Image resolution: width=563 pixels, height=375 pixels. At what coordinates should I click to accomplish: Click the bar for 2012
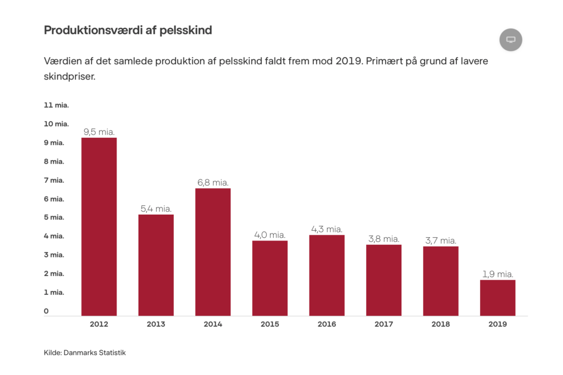click(99, 226)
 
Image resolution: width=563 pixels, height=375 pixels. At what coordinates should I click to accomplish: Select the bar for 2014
click(213, 252)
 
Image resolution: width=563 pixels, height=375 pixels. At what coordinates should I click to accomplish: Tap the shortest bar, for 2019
click(498, 298)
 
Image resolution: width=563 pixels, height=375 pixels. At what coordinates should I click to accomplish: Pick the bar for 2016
click(327, 275)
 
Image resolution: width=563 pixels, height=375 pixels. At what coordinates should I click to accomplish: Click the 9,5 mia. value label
click(99, 132)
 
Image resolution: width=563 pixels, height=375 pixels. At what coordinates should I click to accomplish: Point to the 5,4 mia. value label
click(156, 209)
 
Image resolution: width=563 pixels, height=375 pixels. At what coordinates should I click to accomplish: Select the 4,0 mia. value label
click(270, 235)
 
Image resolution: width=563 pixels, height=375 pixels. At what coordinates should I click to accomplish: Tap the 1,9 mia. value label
click(498, 274)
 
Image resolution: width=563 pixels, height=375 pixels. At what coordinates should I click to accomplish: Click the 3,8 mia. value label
click(384, 239)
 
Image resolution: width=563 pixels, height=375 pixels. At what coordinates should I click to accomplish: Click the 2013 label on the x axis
click(156, 324)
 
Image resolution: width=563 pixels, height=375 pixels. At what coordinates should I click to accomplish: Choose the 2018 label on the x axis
click(440, 324)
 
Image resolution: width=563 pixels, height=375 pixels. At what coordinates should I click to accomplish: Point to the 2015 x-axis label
click(270, 324)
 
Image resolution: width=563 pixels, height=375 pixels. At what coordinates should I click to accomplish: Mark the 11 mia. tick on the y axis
click(56, 105)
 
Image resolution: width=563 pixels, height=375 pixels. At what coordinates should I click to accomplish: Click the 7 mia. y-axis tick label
click(54, 180)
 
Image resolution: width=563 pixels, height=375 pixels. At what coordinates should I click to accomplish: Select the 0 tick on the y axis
click(46, 311)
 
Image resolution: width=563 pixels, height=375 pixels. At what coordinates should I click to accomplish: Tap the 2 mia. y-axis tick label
click(54, 273)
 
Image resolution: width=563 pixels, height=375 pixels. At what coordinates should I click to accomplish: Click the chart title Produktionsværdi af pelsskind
click(128, 30)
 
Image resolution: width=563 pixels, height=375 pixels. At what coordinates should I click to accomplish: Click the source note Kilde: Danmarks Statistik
click(85, 352)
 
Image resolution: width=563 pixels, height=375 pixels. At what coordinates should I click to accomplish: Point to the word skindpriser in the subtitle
click(70, 76)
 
